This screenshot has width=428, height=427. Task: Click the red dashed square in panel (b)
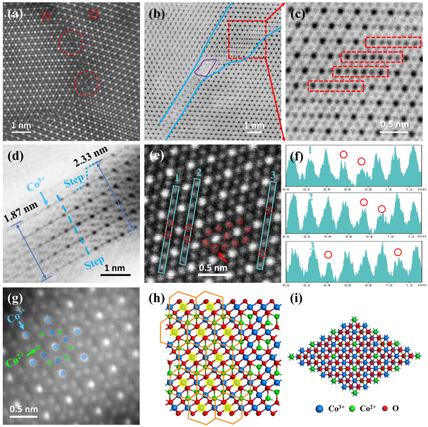pyautogui.click(x=246, y=39)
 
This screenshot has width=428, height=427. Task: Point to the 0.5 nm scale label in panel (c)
pyautogui.click(x=394, y=124)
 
